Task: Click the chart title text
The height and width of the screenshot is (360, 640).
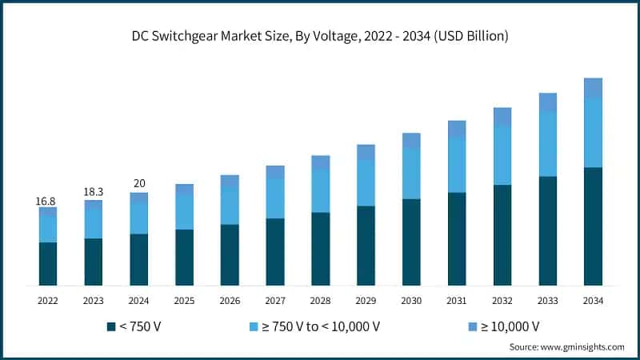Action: point(320,37)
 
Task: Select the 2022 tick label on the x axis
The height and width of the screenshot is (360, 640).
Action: point(48,301)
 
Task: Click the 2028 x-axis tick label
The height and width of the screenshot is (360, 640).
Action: point(321,301)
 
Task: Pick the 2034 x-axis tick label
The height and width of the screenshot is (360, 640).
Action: point(593,301)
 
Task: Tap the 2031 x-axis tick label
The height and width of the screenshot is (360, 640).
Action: point(457,301)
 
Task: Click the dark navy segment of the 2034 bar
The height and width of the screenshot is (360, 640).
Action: point(593,226)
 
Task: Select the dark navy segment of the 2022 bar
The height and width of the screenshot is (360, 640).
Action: point(48,264)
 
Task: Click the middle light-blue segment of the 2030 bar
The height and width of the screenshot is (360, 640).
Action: point(411,174)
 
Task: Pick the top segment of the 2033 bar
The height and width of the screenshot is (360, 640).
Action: point(547,102)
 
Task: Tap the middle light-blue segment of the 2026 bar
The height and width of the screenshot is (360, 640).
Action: point(230,207)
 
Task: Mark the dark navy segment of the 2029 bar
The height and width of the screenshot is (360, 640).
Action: point(366,246)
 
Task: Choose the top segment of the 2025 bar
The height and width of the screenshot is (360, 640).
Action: point(184,190)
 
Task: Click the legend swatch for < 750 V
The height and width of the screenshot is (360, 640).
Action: point(110,326)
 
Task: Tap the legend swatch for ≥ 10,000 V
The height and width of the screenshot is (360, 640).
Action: point(471,326)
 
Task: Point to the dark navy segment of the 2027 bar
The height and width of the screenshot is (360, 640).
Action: point(275,252)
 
